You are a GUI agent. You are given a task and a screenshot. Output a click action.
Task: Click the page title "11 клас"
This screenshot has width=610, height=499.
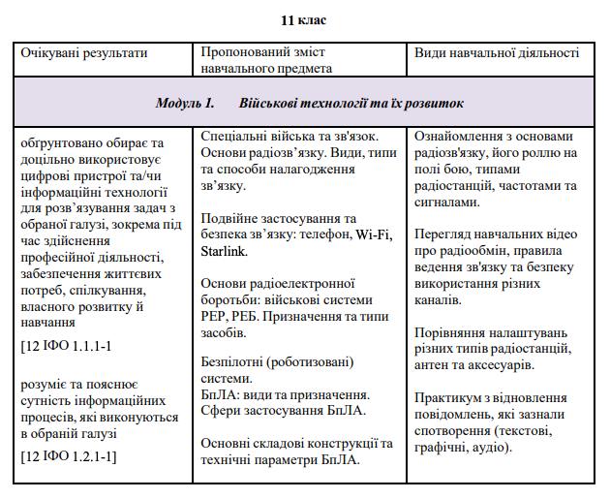click(x=303, y=19)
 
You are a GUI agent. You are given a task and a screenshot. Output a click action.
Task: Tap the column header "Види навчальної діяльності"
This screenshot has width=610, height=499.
click(x=497, y=52)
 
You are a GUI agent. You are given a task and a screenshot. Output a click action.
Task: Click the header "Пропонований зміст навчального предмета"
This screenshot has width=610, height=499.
click(x=266, y=60)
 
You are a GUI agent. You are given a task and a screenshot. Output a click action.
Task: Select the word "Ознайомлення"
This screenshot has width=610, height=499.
click(x=462, y=136)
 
